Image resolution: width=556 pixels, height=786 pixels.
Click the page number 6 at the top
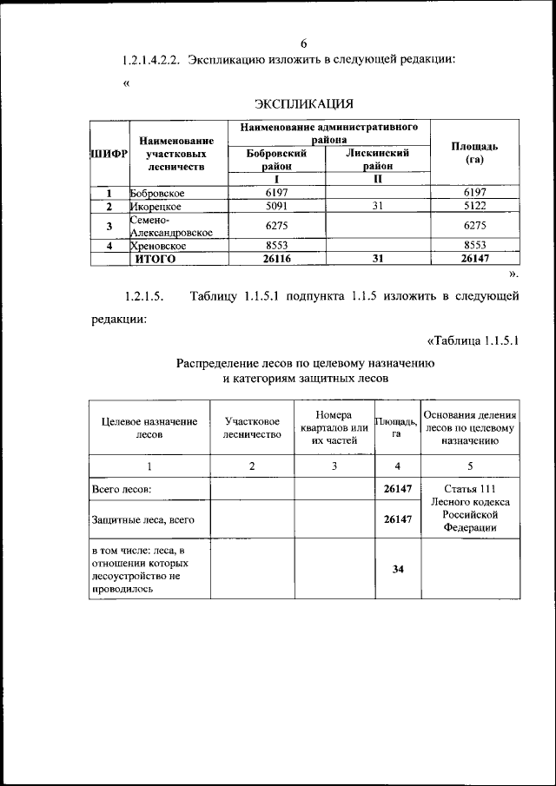point(304,43)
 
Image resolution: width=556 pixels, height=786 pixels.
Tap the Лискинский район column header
point(377,158)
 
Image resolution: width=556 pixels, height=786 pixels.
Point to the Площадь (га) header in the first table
point(474,153)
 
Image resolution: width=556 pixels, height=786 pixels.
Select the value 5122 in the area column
point(475,208)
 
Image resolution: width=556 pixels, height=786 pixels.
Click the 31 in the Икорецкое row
point(377,208)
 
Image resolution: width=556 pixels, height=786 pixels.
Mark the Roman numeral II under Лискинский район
point(377,180)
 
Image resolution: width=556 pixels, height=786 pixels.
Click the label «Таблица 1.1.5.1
point(473,340)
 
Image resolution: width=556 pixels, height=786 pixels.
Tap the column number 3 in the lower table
point(334,466)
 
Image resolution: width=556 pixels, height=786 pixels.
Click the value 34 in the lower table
point(397,569)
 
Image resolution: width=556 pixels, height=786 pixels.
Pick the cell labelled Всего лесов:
point(122,489)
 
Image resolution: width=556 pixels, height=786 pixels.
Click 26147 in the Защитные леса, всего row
point(397,519)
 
